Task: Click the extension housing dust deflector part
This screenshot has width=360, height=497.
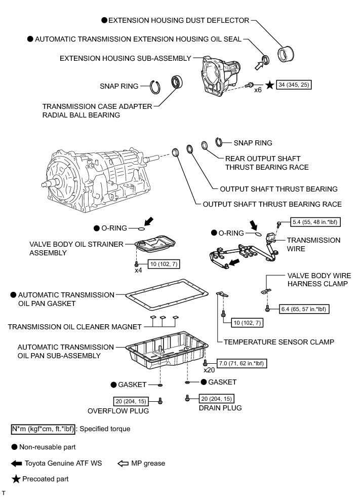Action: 288,53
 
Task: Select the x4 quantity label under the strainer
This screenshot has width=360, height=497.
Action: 138,271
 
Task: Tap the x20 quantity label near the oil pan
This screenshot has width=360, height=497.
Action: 209,370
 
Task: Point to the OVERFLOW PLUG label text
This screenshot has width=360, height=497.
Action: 118,411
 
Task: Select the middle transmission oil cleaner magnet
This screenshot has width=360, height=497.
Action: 164,319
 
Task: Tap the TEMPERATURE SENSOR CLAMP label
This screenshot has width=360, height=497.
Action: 275,342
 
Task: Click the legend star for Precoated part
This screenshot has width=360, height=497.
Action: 16,479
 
